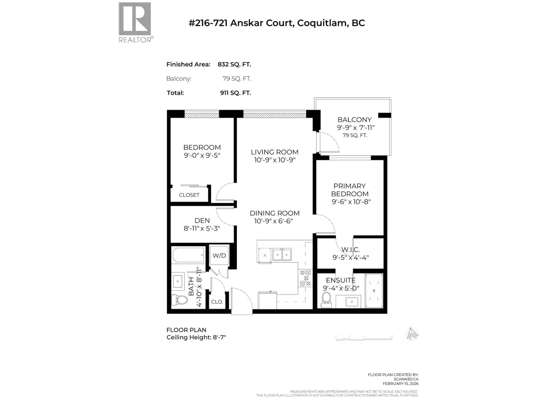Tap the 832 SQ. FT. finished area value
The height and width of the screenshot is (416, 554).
click(x=234, y=64)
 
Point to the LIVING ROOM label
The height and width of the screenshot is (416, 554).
click(x=275, y=152)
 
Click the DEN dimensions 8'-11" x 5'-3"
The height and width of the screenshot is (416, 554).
click(x=202, y=228)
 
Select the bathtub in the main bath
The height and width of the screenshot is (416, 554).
click(x=188, y=255)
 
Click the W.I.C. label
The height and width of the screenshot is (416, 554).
click(x=351, y=249)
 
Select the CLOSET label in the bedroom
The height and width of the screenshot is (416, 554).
click(x=189, y=195)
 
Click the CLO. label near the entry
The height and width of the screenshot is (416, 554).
click(x=217, y=302)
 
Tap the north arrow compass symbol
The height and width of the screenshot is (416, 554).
click(x=412, y=334)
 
